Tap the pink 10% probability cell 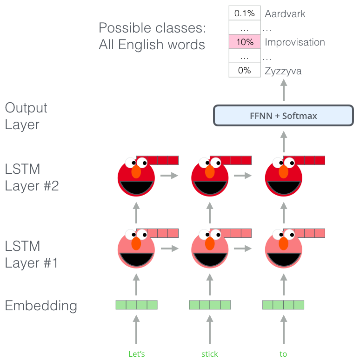click(244, 42)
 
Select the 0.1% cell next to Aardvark click(244, 13)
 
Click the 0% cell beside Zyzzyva click(244, 71)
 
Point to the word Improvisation click(294, 42)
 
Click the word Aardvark click(285, 13)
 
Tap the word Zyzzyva click(283, 71)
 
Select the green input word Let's click(136, 354)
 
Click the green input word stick click(210, 354)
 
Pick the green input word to click(283, 354)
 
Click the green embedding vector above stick click(210, 305)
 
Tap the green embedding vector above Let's click(136, 305)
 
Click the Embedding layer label click(41, 306)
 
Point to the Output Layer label click(27, 116)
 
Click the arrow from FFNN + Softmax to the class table click(283, 92)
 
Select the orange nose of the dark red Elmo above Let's click(136, 171)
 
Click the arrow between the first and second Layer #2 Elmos click(169, 176)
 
